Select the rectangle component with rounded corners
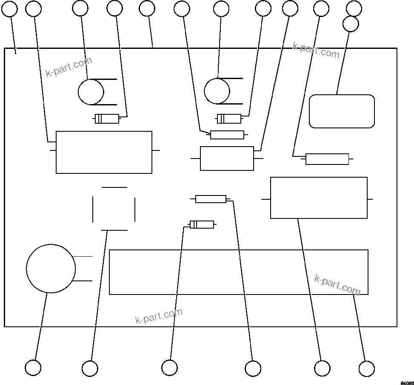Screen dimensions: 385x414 click(x=342, y=111)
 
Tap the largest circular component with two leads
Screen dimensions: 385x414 click(x=51, y=269)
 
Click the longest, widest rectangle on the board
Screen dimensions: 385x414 click(x=238, y=272)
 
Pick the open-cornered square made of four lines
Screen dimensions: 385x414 click(x=114, y=209)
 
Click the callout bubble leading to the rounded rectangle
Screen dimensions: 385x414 click(x=351, y=24)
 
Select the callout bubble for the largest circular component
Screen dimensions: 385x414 click(x=33, y=368)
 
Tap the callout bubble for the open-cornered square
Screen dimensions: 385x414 click(x=90, y=368)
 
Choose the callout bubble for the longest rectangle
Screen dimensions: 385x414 click(x=366, y=368)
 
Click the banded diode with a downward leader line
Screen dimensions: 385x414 click(x=202, y=224)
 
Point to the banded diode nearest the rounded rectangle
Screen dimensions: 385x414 click(x=229, y=119)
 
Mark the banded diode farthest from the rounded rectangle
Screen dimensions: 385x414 click(x=107, y=119)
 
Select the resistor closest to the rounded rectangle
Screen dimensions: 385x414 click(x=327, y=159)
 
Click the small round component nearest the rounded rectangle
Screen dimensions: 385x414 click(x=217, y=91)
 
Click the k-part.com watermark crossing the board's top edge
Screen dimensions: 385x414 click(x=316, y=50)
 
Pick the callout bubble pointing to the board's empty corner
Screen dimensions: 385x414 click(x=10, y=9)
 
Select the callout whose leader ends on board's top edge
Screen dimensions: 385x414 click(x=147, y=9)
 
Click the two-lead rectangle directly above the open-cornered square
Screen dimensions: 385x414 click(x=104, y=152)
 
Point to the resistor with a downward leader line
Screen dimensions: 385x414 click(x=211, y=199)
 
